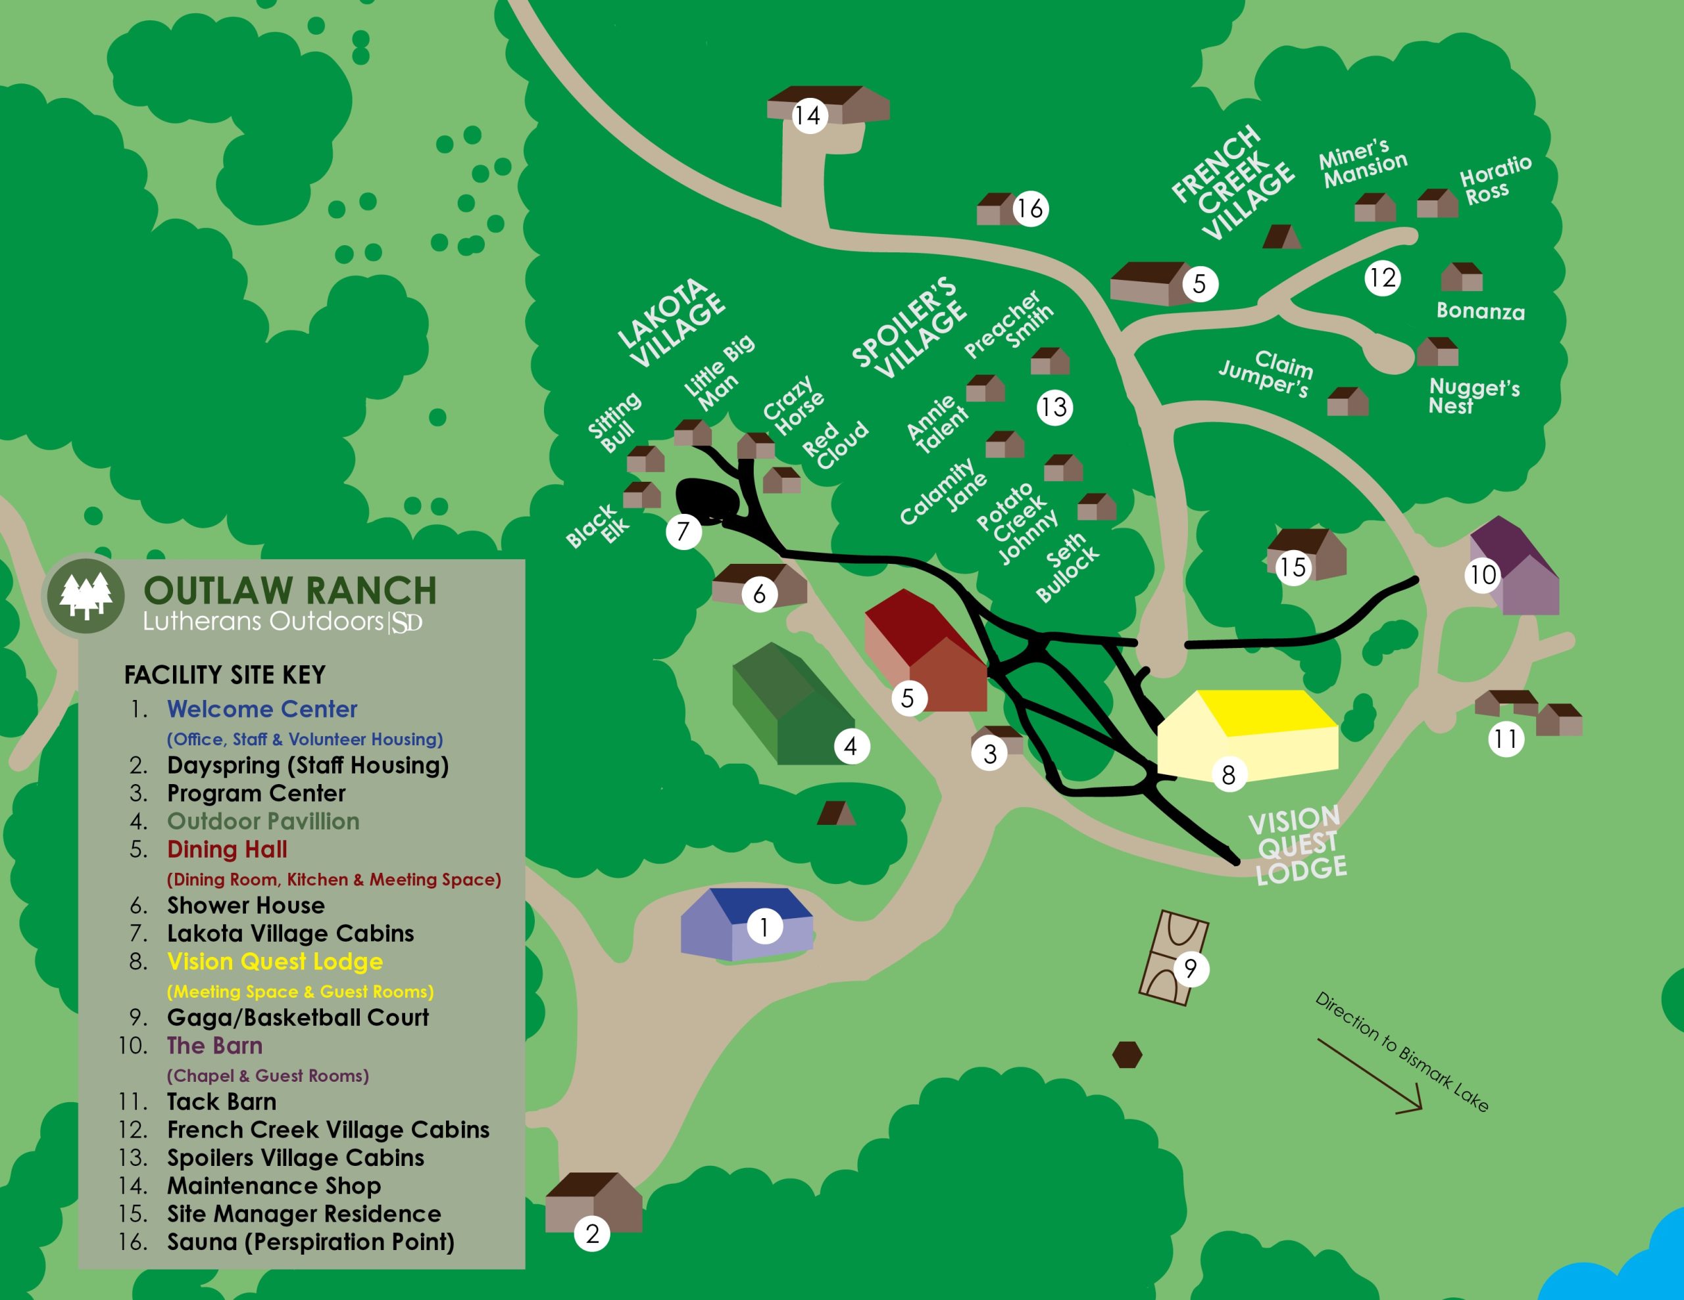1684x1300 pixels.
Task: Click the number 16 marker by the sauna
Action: pyautogui.click(x=1030, y=208)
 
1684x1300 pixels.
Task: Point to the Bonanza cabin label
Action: pyautogui.click(x=1479, y=312)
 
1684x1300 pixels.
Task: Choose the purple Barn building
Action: pyautogui.click(x=1514, y=569)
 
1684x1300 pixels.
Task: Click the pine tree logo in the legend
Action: pyautogui.click(x=86, y=595)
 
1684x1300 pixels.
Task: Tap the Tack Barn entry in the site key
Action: pyautogui.click(x=221, y=1101)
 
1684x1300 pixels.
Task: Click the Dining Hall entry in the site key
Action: pyautogui.click(x=227, y=849)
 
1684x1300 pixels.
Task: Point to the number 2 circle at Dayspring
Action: pyautogui.click(x=592, y=1234)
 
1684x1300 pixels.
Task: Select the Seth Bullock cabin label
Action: pyautogui.click(x=1067, y=567)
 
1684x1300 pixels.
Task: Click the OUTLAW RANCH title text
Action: pyautogui.click(x=290, y=591)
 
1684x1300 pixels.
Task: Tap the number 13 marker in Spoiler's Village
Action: pyautogui.click(x=1054, y=407)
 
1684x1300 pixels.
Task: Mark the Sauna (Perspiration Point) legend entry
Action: pyautogui.click(x=310, y=1242)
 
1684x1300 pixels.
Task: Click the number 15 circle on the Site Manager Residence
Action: pyautogui.click(x=1293, y=568)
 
